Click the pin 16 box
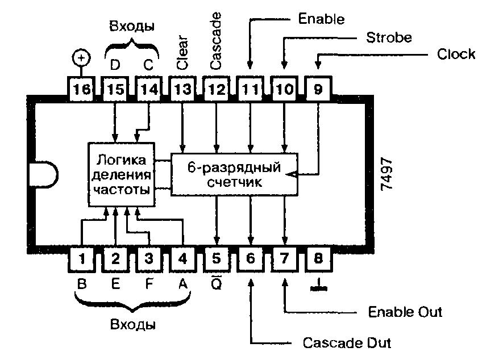coord(81,89)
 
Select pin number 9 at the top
coord(318,89)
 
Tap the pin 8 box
coord(318,258)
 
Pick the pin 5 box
coord(217,258)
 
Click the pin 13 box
coord(182,89)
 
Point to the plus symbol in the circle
coord(81,58)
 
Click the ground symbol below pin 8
coord(318,285)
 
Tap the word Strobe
coord(389,37)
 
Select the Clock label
coord(456,54)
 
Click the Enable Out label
coord(405,312)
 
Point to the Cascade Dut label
coord(347,343)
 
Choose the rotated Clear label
coord(182,53)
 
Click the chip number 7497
coord(386,174)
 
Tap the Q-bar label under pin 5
coord(217,283)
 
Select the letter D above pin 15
coord(115,65)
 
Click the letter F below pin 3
coord(149,283)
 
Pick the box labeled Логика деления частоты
coord(122,175)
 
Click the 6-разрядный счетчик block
coord(235,174)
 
